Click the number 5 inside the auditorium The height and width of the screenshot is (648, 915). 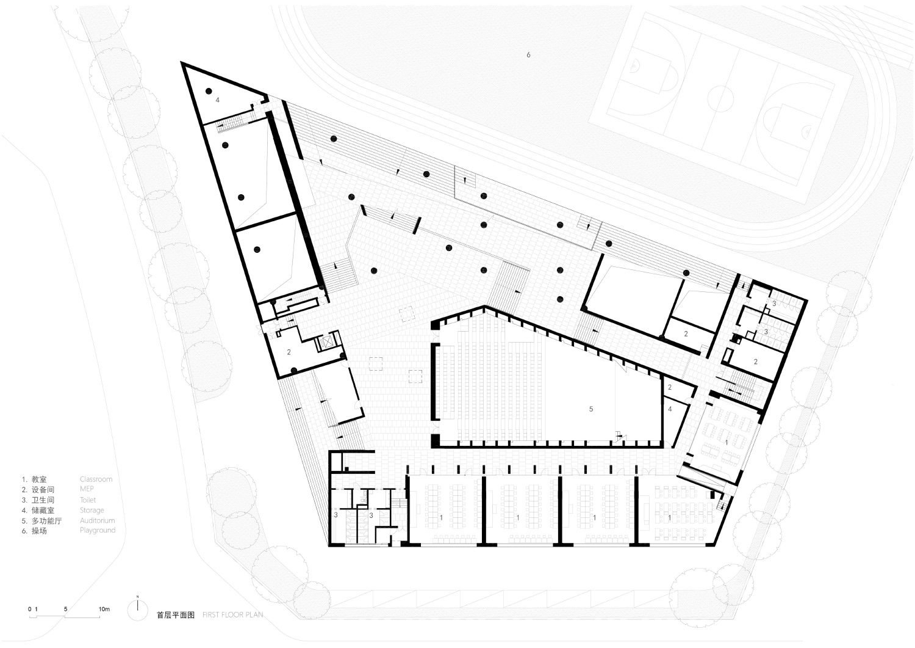(590, 409)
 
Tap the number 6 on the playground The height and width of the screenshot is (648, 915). (528, 55)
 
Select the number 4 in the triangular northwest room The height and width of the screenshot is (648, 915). (216, 100)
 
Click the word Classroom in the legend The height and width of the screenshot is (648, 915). (96, 479)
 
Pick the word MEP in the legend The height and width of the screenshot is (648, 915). (87, 490)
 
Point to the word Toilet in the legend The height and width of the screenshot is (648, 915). (88, 500)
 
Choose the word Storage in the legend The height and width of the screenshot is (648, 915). (91, 511)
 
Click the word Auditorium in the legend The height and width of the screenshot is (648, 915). (97, 521)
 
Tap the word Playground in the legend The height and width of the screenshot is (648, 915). (97, 531)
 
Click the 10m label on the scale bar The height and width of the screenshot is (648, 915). (104, 610)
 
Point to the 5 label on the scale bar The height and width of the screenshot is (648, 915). (65, 610)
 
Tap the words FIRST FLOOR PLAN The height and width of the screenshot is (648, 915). (232, 615)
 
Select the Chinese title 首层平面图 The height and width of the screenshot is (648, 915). (175, 615)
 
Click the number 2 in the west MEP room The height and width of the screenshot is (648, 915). (289, 352)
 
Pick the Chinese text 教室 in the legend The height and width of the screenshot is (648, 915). (39, 479)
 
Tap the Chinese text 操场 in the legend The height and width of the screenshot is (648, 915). (39, 531)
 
